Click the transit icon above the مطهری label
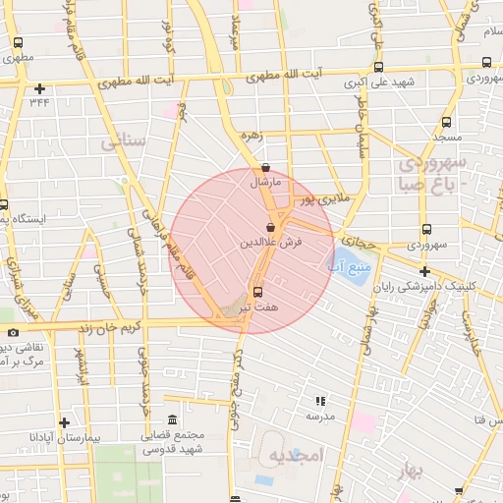tap(19, 42)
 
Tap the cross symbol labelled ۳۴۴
tap(39, 88)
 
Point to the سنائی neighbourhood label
tap(124, 141)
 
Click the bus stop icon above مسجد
tap(446, 123)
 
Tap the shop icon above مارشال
tap(268, 168)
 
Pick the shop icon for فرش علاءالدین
tap(269, 227)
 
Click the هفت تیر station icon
tap(257, 292)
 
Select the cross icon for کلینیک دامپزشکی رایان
tap(423, 271)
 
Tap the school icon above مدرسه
tap(319, 401)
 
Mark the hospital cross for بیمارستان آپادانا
tap(64, 421)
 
